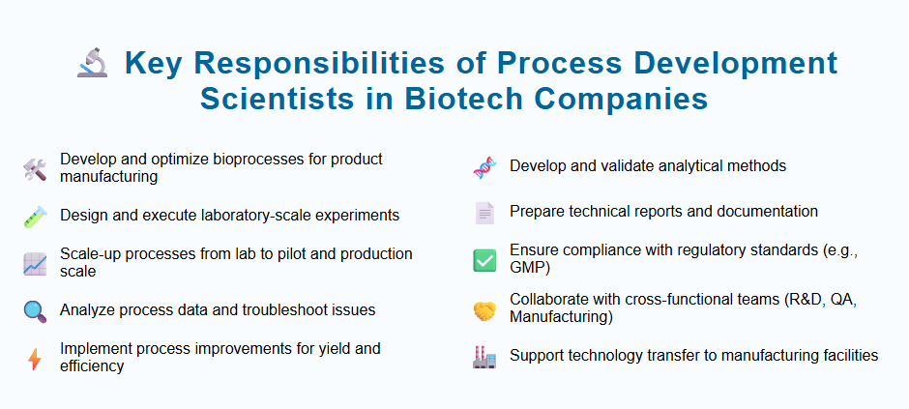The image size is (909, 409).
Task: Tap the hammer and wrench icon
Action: (35, 170)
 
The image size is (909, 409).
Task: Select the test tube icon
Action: (35, 217)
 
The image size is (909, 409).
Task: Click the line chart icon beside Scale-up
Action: (35, 263)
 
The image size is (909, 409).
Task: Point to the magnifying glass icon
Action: (35, 311)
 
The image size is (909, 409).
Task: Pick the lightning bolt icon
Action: (35, 359)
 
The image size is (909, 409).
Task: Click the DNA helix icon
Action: (484, 167)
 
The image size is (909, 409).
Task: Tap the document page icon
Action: (484, 213)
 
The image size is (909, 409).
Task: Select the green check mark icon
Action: (484, 260)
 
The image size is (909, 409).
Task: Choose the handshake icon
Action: (484, 308)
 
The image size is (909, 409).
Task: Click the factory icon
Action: (484, 357)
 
